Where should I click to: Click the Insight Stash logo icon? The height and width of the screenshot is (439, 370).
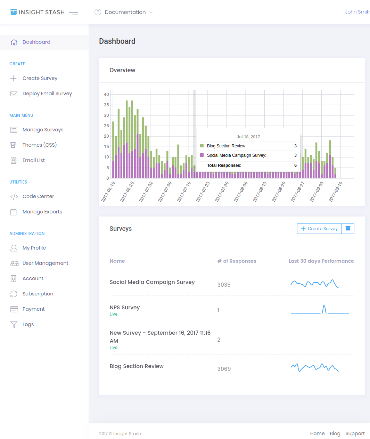coord(14,12)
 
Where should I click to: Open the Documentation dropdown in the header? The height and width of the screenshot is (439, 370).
coord(125,12)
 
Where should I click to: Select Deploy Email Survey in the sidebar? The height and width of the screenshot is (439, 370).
coord(47,94)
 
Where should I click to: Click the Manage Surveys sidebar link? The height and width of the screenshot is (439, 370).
coord(43,130)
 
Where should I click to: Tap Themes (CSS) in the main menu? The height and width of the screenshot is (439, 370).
coord(40,145)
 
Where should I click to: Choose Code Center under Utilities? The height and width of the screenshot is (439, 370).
coord(38,196)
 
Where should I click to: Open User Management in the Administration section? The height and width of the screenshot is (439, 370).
coord(46,263)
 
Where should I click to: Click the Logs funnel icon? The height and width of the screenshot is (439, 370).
coord(14,324)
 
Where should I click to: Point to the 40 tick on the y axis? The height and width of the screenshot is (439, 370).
coord(106,95)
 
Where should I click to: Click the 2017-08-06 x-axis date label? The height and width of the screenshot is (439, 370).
coord(241,192)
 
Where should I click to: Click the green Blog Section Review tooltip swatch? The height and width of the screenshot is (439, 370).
coord(202,146)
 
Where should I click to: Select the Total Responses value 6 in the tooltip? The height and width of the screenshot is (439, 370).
coord(295,165)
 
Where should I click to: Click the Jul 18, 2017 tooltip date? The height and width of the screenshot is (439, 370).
coord(248,137)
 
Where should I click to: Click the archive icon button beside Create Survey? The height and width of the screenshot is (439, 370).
coord(348,229)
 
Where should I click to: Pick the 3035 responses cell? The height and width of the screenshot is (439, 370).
coord(224,285)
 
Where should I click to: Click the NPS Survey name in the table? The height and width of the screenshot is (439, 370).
coord(125,307)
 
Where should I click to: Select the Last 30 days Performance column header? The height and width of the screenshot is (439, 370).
coord(321,261)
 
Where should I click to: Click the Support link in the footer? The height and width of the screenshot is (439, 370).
coord(355,433)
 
